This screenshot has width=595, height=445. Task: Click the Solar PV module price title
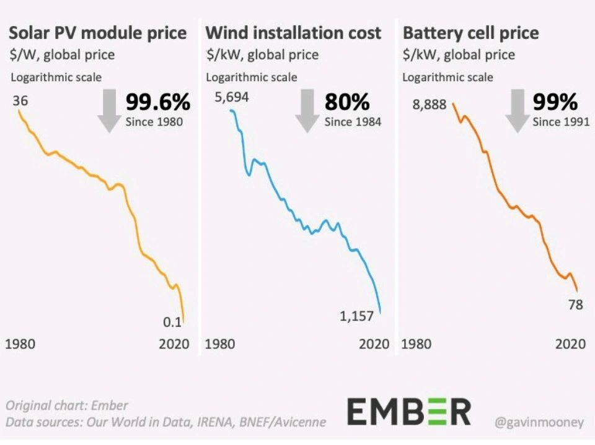(x=99, y=33)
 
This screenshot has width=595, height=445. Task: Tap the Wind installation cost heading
(x=293, y=33)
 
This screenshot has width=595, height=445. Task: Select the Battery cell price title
(x=470, y=33)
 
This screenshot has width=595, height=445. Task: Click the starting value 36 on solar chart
(x=20, y=100)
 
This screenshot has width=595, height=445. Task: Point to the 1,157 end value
(x=356, y=316)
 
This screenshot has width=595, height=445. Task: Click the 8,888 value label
(x=429, y=105)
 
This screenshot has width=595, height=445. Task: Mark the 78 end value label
(x=576, y=304)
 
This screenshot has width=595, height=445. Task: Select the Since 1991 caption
(x=561, y=122)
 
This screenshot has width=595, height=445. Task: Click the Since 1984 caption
(x=353, y=122)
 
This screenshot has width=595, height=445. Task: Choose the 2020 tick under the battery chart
(x=570, y=344)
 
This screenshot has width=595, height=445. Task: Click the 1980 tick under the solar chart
(x=20, y=344)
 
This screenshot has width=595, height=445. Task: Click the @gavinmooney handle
(x=539, y=423)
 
